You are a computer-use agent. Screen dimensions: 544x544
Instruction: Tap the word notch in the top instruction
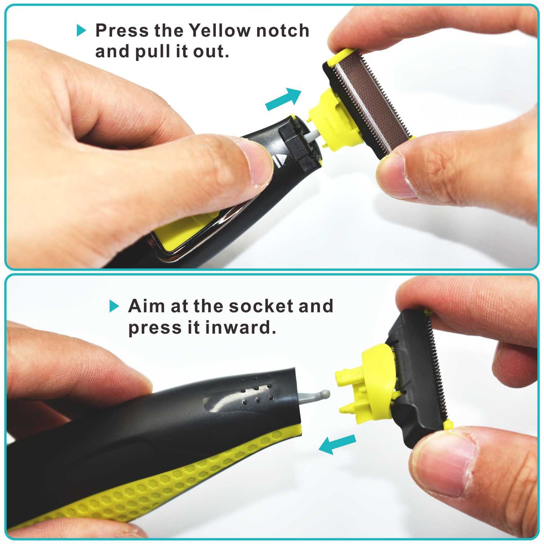282,30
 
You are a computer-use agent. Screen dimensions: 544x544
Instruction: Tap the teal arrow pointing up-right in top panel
283,99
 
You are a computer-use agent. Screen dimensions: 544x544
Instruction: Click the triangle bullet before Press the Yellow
81,30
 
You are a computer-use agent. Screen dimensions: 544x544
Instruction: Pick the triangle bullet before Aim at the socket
114,306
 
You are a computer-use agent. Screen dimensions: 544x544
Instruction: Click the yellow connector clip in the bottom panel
361,392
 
